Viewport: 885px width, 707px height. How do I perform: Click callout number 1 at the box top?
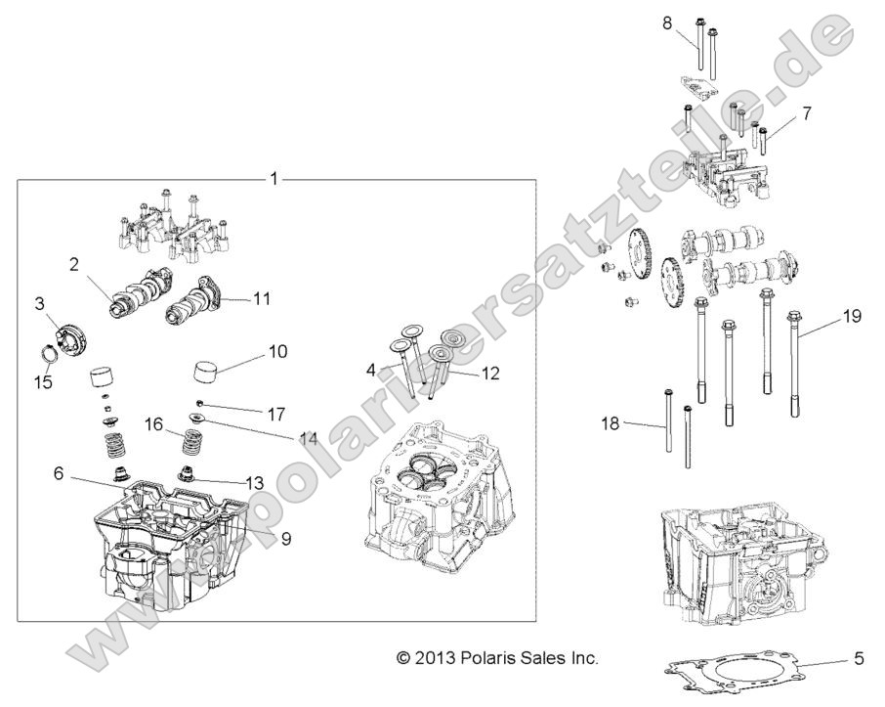click(x=274, y=179)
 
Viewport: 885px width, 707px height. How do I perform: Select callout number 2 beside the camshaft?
click(x=73, y=263)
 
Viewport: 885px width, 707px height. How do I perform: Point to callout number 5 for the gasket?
click(x=858, y=659)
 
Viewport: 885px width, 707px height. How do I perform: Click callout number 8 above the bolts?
click(x=667, y=22)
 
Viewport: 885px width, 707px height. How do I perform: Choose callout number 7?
click(x=806, y=114)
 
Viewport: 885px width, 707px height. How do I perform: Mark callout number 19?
click(x=851, y=316)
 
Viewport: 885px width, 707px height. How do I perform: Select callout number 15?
click(x=44, y=381)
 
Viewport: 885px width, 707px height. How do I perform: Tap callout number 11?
click(x=262, y=297)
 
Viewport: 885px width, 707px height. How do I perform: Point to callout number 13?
click(x=255, y=482)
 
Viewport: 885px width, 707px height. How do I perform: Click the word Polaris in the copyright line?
click(x=483, y=659)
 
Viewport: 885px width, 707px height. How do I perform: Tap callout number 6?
click(x=60, y=472)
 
